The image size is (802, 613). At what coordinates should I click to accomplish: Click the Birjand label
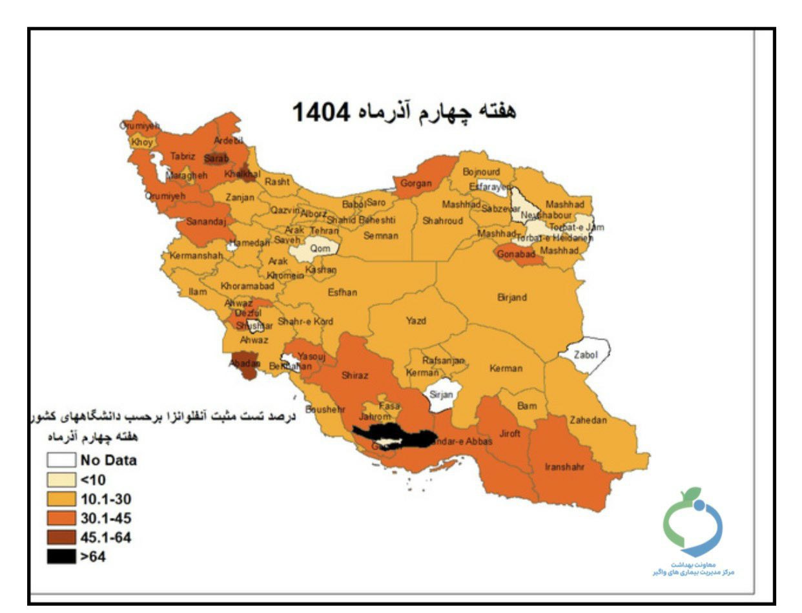pyautogui.click(x=512, y=297)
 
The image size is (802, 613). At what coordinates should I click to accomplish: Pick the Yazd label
pyautogui.click(x=416, y=320)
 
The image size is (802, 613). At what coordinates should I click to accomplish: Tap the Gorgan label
pyautogui.click(x=416, y=183)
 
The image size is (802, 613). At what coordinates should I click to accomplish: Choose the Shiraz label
pyautogui.click(x=355, y=375)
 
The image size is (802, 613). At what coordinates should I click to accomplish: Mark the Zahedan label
pyautogui.click(x=588, y=420)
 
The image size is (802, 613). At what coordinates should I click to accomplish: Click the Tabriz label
pyautogui.click(x=183, y=156)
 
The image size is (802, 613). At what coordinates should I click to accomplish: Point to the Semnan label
pyautogui.click(x=381, y=236)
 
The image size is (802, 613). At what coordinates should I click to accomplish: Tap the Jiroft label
pyautogui.click(x=509, y=433)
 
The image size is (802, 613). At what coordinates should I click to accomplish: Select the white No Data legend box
pyautogui.click(x=61, y=461)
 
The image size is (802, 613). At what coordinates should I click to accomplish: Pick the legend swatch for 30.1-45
pyautogui.click(x=61, y=518)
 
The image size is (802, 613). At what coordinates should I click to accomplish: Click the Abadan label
pyautogui.click(x=245, y=364)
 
